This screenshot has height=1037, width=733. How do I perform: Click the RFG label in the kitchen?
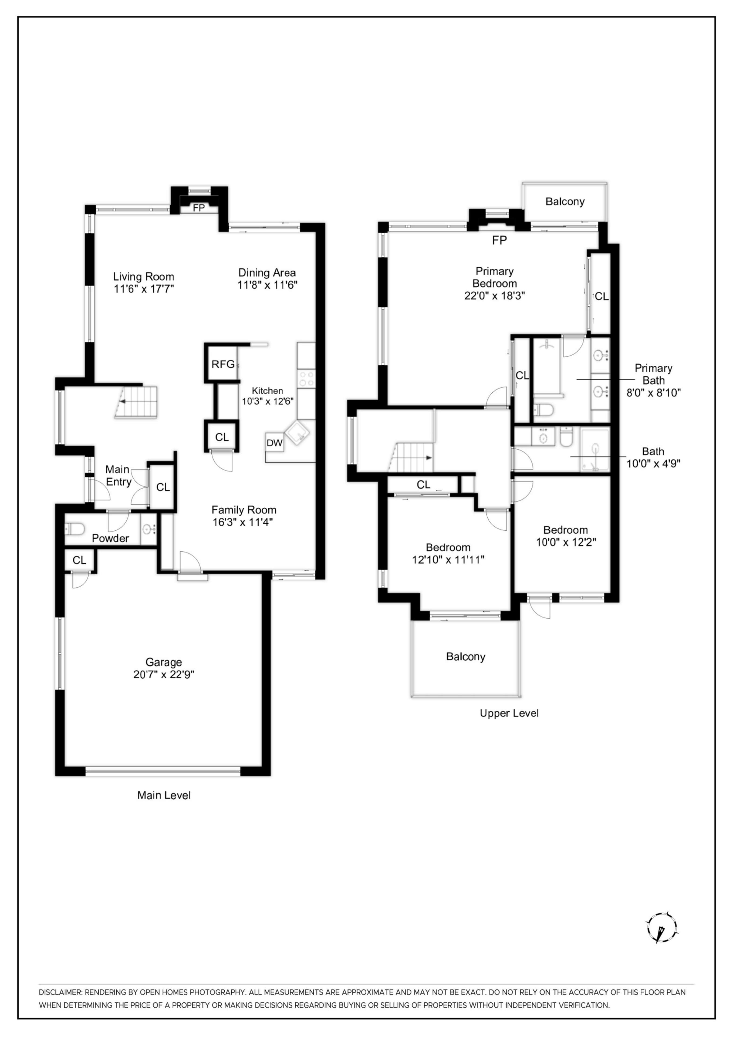tap(223, 364)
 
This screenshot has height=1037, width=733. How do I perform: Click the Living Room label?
tap(143, 277)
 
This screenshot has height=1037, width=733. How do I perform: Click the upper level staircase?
tap(411, 457)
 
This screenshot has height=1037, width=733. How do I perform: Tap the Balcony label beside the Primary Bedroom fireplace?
tap(565, 201)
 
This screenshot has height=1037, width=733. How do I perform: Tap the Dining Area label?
tap(267, 273)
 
